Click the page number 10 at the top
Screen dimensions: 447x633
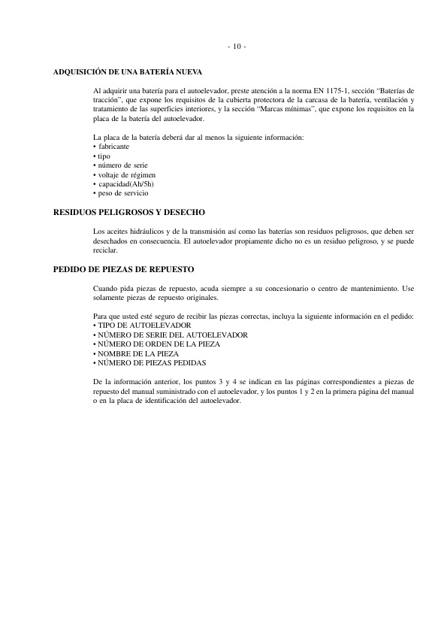[236, 47]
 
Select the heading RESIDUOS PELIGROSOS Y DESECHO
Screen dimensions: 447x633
[128, 213]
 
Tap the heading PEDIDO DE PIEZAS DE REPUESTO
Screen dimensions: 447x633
[123, 268]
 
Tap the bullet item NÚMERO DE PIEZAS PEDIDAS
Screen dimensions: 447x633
[151, 362]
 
